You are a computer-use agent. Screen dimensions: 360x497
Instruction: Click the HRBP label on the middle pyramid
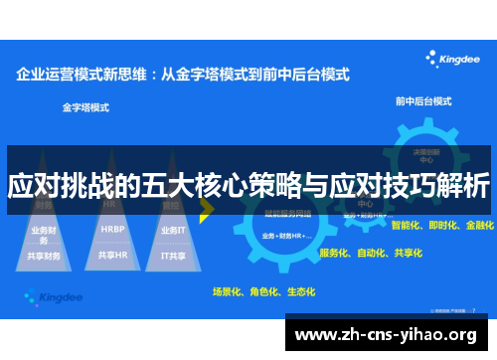112,228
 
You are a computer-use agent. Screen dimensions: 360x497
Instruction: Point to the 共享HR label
112,255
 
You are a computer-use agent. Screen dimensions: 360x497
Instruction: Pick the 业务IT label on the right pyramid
173,229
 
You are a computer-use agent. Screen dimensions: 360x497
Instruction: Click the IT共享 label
173,255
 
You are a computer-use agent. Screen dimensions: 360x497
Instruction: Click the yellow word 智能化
408,226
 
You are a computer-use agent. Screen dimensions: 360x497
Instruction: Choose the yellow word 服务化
335,253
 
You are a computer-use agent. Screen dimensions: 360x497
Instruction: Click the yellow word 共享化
407,253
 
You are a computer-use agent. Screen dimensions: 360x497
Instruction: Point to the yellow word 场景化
229,292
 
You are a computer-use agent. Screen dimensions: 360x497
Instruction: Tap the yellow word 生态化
300,292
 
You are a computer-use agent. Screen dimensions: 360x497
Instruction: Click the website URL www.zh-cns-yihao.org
390,334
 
